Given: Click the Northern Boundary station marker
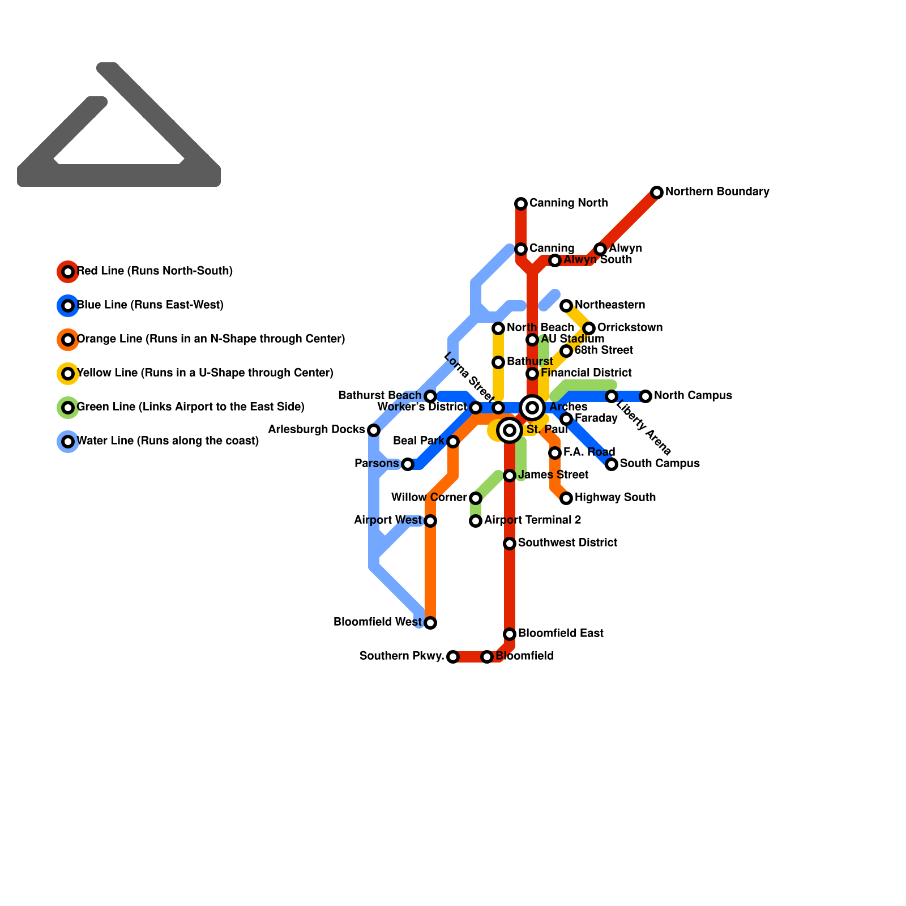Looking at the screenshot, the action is click(x=657, y=193).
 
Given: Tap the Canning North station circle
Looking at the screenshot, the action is click(x=521, y=204).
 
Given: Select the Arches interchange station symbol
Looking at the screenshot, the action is click(x=532, y=408).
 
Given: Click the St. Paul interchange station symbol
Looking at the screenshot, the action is click(x=510, y=430).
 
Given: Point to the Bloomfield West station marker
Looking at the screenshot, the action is click(x=430, y=623).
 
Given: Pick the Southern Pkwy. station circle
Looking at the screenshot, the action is click(x=453, y=657).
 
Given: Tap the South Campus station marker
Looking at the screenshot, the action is click(x=612, y=464).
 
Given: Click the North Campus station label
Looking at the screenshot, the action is click(x=693, y=396).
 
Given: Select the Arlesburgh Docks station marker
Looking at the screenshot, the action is click(x=374, y=430).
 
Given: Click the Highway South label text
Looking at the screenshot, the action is click(x=615, y=498).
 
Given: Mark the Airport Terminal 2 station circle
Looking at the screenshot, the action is click(x=476, y=521).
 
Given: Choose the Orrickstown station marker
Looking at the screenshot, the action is click(x=589, y=328).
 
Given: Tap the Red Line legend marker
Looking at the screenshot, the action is click(x=68, y=272).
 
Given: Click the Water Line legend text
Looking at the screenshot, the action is click(x=168, y=441).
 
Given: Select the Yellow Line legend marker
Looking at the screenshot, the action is click(x=68, y=374).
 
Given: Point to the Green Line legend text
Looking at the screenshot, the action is click(x=190, y=407).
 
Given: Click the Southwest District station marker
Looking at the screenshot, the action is click(x=510, y=544).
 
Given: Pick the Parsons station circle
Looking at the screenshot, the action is click(x=408, y=464).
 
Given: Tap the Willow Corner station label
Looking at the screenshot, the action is click(x=429, y=498).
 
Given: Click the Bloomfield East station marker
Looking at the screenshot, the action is click(x=510, y=634).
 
